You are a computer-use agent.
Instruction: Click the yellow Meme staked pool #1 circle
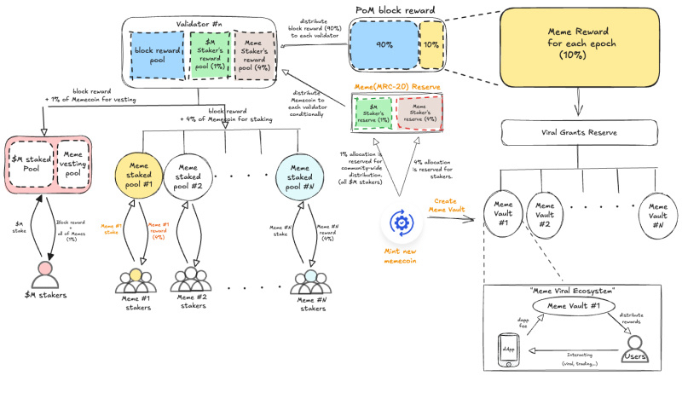[x=138, y=176]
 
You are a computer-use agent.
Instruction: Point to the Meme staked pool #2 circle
[x=188, y=176]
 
